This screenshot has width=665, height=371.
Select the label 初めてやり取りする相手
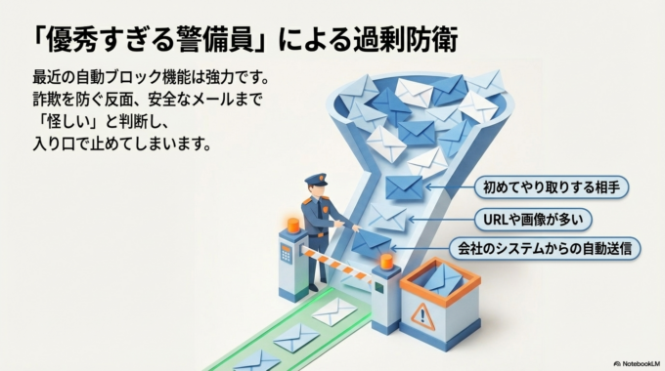pos(550,185)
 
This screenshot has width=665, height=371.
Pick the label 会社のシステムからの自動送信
pos(550,248)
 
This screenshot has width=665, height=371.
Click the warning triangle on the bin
pos(422,314)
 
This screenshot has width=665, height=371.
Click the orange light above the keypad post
pos(292,227)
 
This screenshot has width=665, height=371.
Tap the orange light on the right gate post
pos(386,261)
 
